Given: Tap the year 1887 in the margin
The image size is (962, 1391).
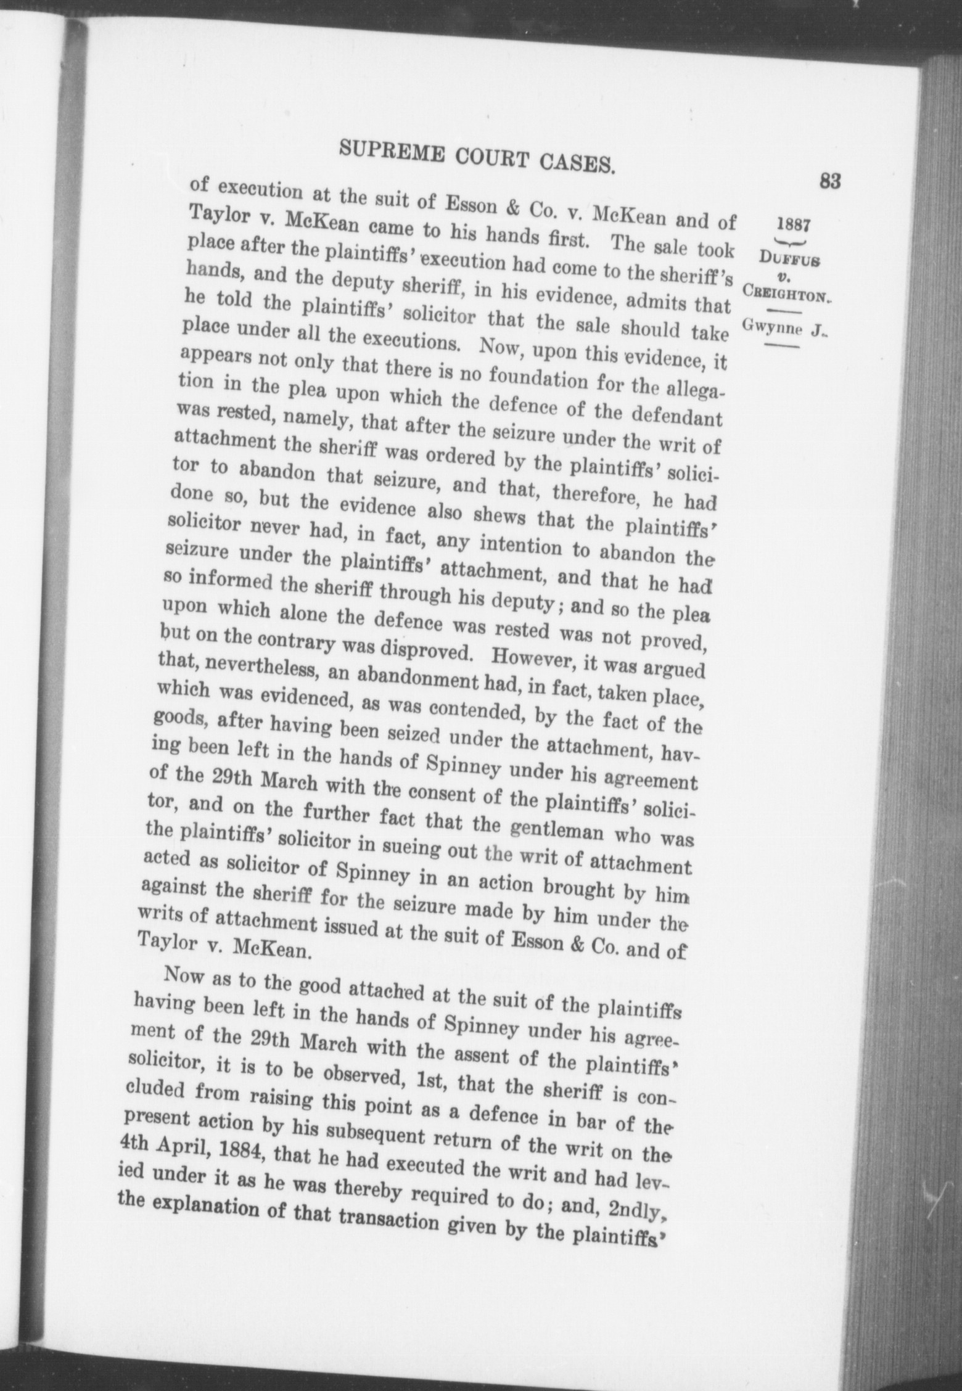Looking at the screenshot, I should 794,224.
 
